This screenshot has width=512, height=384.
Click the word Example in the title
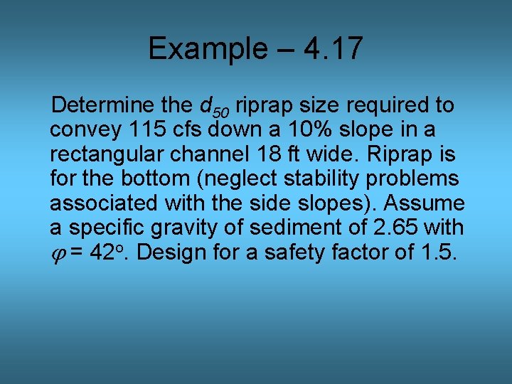(203, 49)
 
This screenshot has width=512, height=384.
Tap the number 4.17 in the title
(333, 49)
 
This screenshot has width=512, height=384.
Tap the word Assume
(425, 203)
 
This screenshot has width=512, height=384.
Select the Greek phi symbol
(58, 254)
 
